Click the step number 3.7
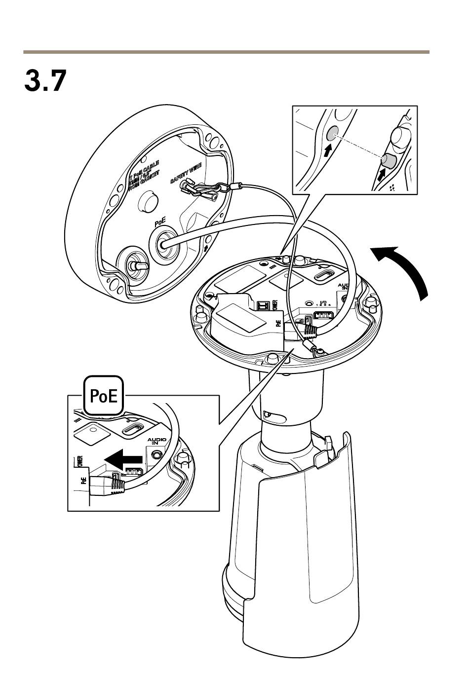point(45,81)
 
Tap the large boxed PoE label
point(104,396)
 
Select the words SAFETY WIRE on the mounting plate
point(186,173)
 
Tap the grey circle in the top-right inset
point(332,132)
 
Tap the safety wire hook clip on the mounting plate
point(200,190)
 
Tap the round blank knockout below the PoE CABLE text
point(148,199)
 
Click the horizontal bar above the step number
point(226,52)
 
